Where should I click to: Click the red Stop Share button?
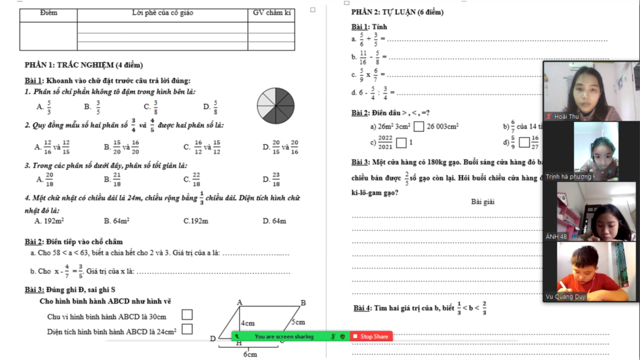pos(371,336)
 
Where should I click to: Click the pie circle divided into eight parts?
pos(276,106)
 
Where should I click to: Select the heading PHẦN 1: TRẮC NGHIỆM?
pos(84,65)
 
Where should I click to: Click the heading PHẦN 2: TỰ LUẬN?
pos(397,12)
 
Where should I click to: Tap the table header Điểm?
pos(48,13)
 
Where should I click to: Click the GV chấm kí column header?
pos(272,13)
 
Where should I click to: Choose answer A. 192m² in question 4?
pos(49,221)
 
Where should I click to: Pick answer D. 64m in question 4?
pos(274,221)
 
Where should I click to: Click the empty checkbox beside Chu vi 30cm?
pos(187,315)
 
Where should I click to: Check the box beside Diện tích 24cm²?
pos(187,329)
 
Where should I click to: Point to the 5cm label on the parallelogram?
pos(298,322)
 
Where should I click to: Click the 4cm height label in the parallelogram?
pos(248,323)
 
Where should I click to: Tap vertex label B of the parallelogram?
pos(303,303)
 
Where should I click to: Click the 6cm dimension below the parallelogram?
pos(250,354)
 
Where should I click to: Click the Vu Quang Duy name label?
pos(565,297)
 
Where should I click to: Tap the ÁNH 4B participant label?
pos(556,237)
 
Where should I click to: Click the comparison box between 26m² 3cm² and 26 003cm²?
pos(419,127)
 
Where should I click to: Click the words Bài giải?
pos(483,202)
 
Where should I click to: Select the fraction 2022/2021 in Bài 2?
pos(385,142)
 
